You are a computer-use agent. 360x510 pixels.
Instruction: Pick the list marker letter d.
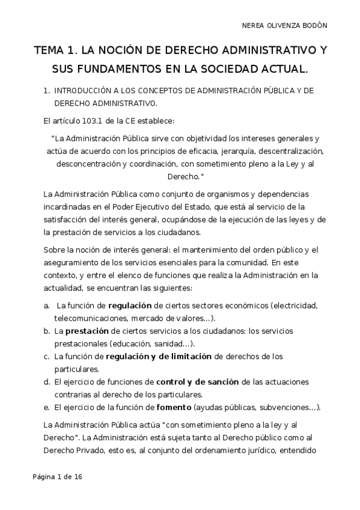pos(46,382)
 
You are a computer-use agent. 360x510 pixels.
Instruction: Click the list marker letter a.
pos(46,306)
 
